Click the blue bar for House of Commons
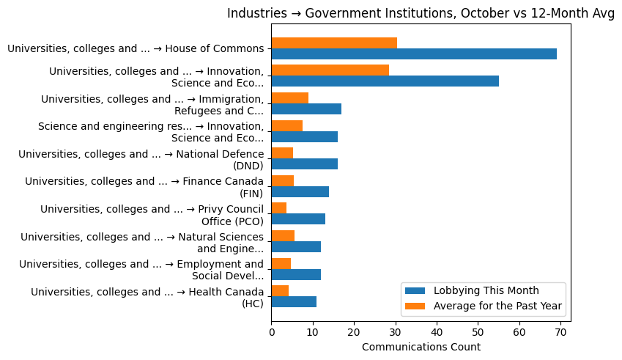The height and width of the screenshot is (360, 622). (x=414, y=54)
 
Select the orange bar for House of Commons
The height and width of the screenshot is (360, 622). (x=334, y=43)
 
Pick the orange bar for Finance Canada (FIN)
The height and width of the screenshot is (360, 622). (x=283, y=180)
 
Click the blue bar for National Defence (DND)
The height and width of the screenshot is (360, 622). (x=304, y=164)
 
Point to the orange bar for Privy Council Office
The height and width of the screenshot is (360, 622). (x=279, y=208)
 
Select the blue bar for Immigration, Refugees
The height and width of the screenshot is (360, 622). (x=306, y=109)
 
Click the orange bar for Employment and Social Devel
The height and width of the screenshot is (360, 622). (x=281, y=263)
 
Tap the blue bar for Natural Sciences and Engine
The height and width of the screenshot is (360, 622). (x=296, y=246)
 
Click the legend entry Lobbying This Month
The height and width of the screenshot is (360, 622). (x=486, y=290)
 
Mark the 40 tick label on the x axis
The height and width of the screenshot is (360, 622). (x=437, y=332)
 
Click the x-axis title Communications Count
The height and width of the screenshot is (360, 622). (x=421, y=347)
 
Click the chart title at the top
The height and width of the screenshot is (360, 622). (x=421, y=14)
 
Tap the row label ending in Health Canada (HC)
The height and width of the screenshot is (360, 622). (x=147, y=297)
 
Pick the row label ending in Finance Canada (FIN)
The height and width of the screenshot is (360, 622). (x=144, y=187)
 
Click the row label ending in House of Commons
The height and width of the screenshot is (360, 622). (x=136, y=49)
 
